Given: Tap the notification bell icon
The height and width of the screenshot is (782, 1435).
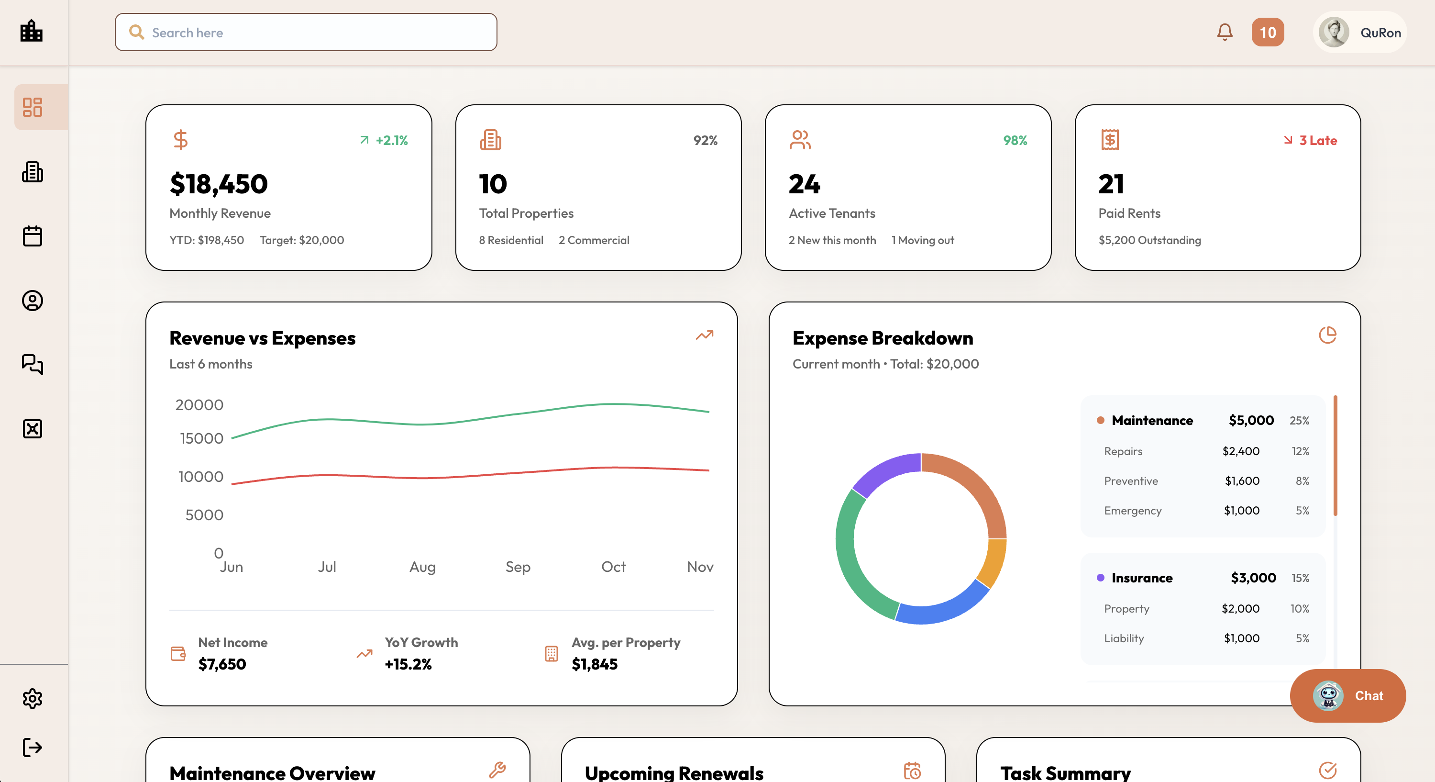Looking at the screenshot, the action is click(x=1225, y=33).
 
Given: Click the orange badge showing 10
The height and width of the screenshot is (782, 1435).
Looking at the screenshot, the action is click(x=1267, y=33).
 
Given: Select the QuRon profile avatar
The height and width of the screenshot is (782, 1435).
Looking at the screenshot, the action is click(x=1334, y=33).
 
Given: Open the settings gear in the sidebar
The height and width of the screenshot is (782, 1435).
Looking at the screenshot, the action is click(x=33, y=698).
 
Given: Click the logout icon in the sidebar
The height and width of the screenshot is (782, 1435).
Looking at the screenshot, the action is click(x=33, y=748).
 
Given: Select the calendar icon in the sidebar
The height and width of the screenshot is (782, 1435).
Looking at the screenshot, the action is click(x=33, y=236).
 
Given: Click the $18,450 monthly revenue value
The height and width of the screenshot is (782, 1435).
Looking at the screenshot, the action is click(x=219, y=184).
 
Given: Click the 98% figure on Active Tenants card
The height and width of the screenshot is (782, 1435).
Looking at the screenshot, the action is click(x=1015, y=140).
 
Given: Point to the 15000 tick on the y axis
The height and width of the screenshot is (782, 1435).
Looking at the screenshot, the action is click(x=202, y=439).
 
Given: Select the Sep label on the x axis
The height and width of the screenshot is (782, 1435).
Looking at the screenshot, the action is click(x=518, y=567).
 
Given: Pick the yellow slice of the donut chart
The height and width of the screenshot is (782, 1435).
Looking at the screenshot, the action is click(x=993, y=563).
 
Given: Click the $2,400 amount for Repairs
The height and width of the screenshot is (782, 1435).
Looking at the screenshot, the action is click(x=1241, y=451).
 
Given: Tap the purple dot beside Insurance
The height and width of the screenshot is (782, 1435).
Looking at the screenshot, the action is click(x=1100, y=578).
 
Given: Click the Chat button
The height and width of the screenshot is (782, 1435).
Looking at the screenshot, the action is click(x=1347, y=695).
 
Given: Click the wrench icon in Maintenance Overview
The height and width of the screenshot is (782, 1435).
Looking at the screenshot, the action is click(x=497, y=770).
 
